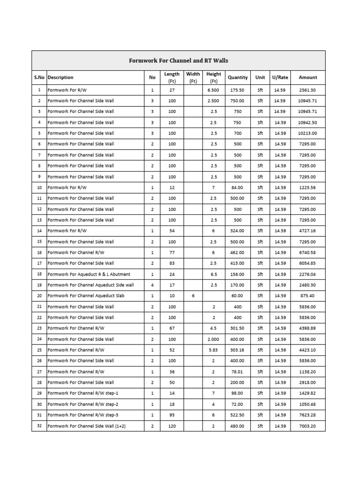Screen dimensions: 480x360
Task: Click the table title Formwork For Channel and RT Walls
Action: [178, 61]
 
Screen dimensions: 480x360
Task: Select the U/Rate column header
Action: [280, 77]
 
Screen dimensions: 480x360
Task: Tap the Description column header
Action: [60, 77]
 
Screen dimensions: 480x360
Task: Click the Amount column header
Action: [307, 77]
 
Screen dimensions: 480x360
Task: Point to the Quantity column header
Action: [238, 77]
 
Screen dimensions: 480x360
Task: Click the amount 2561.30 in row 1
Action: [307, 90]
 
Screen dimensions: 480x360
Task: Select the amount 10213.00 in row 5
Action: [307, 133]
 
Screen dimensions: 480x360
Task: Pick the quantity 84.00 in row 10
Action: [238, 187]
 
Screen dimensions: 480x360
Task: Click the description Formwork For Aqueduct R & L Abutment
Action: [89, 274]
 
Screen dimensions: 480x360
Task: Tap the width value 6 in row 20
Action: [193, 296]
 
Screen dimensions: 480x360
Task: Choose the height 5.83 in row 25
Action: [213, 350]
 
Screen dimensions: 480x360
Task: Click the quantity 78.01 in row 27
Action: [238, 372]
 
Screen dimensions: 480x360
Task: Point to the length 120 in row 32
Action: [172, 426]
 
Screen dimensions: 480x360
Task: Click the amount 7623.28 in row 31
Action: [307, 415]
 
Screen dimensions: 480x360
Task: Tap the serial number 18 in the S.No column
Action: [39, 274]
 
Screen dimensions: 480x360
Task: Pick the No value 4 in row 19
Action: [152, 285]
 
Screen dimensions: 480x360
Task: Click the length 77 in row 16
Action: [172, 253]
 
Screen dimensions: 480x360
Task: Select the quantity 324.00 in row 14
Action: [238, 231]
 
